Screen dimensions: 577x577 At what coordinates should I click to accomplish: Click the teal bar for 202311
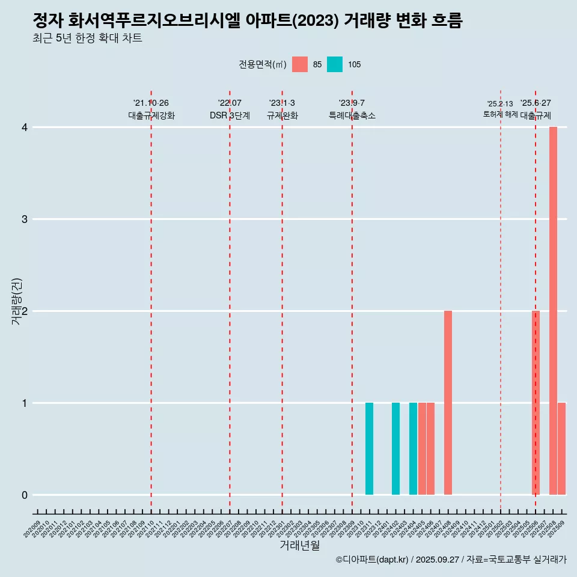tap(369, 448)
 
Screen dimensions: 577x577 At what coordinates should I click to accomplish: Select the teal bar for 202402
tap(395, 448)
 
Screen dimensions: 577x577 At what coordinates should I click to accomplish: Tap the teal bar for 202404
tap(413, 448)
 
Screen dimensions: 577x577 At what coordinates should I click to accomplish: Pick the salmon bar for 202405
tap(422, 448)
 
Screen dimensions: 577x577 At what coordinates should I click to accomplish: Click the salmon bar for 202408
tap(448, 403)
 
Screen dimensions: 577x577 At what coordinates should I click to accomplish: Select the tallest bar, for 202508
tap(553, 311)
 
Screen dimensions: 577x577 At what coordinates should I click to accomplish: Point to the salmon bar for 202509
tap(561, 448)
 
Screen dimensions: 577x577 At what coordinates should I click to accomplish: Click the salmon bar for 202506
tap(536, 403)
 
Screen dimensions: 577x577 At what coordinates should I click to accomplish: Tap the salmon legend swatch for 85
tap(300, 64)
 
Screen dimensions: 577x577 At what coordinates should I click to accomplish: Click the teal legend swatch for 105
tap(335, 64)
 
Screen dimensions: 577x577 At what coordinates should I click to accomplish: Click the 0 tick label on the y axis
tap(25, 495)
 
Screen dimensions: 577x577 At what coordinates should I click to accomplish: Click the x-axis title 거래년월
tap(299, 545)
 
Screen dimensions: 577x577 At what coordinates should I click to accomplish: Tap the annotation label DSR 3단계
tap(230, 115)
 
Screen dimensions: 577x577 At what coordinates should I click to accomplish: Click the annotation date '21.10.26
tap(151, 103)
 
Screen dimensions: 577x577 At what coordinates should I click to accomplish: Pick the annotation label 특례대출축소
tap(352, 115)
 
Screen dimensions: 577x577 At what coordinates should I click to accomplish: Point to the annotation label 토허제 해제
tap(500, 114)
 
